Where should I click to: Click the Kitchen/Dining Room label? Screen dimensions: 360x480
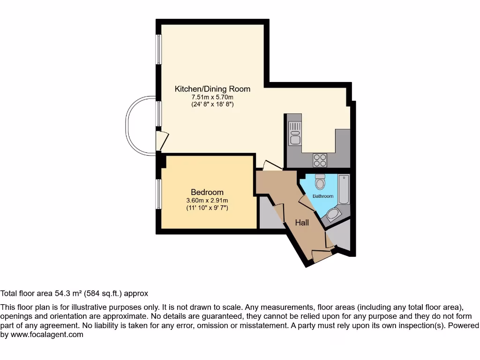point(212,89)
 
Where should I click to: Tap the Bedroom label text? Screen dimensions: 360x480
point(207,192)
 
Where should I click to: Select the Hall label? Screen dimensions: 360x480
point(301,223)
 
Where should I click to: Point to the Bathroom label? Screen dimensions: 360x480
point(323,196)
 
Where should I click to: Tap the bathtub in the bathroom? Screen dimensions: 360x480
point(344,189)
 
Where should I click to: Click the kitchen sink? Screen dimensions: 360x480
point(295,132)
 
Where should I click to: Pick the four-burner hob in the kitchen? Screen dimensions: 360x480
point(320,160)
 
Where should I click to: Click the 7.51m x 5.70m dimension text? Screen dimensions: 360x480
point(212,97)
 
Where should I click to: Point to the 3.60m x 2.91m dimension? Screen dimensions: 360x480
point(207,201)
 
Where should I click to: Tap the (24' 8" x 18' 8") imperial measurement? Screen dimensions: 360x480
point(212,104)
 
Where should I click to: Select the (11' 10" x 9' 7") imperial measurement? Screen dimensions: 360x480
point(207,208)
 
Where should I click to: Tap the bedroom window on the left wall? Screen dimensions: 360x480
point(159,194)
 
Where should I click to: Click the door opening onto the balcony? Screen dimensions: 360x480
point(161,140)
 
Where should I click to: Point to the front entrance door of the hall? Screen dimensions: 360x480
point(322,256)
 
